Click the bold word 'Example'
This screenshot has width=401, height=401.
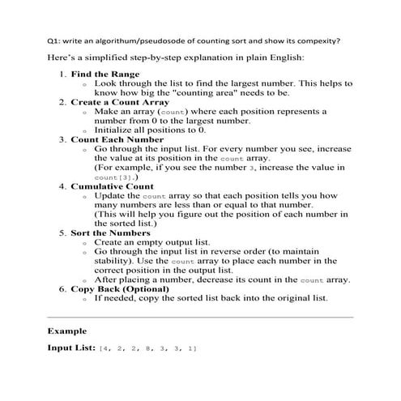67,331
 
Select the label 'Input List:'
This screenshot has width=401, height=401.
71,348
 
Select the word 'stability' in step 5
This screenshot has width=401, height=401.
114,261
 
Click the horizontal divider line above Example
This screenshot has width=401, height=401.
200,316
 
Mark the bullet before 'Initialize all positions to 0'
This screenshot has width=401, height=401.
85,130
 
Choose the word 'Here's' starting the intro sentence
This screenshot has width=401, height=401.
62,58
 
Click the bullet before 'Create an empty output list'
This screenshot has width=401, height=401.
85,242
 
